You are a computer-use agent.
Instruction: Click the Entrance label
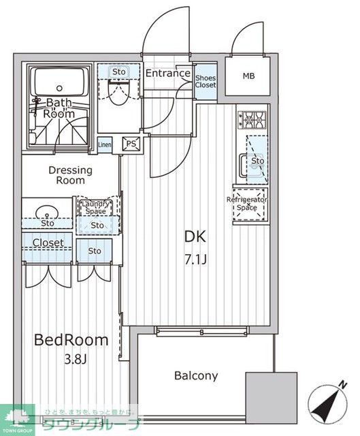[167, 74]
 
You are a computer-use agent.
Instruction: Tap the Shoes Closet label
[206, 81]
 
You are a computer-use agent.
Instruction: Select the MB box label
[248, 75]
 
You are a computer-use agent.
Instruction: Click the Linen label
[105, 144]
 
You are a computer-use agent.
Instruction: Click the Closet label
[48, 243]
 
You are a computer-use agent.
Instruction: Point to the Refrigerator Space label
[247, 203]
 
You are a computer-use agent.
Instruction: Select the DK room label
[195, 238]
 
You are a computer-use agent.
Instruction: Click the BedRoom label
[71, 340]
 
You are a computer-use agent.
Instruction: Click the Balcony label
[196, 375]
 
